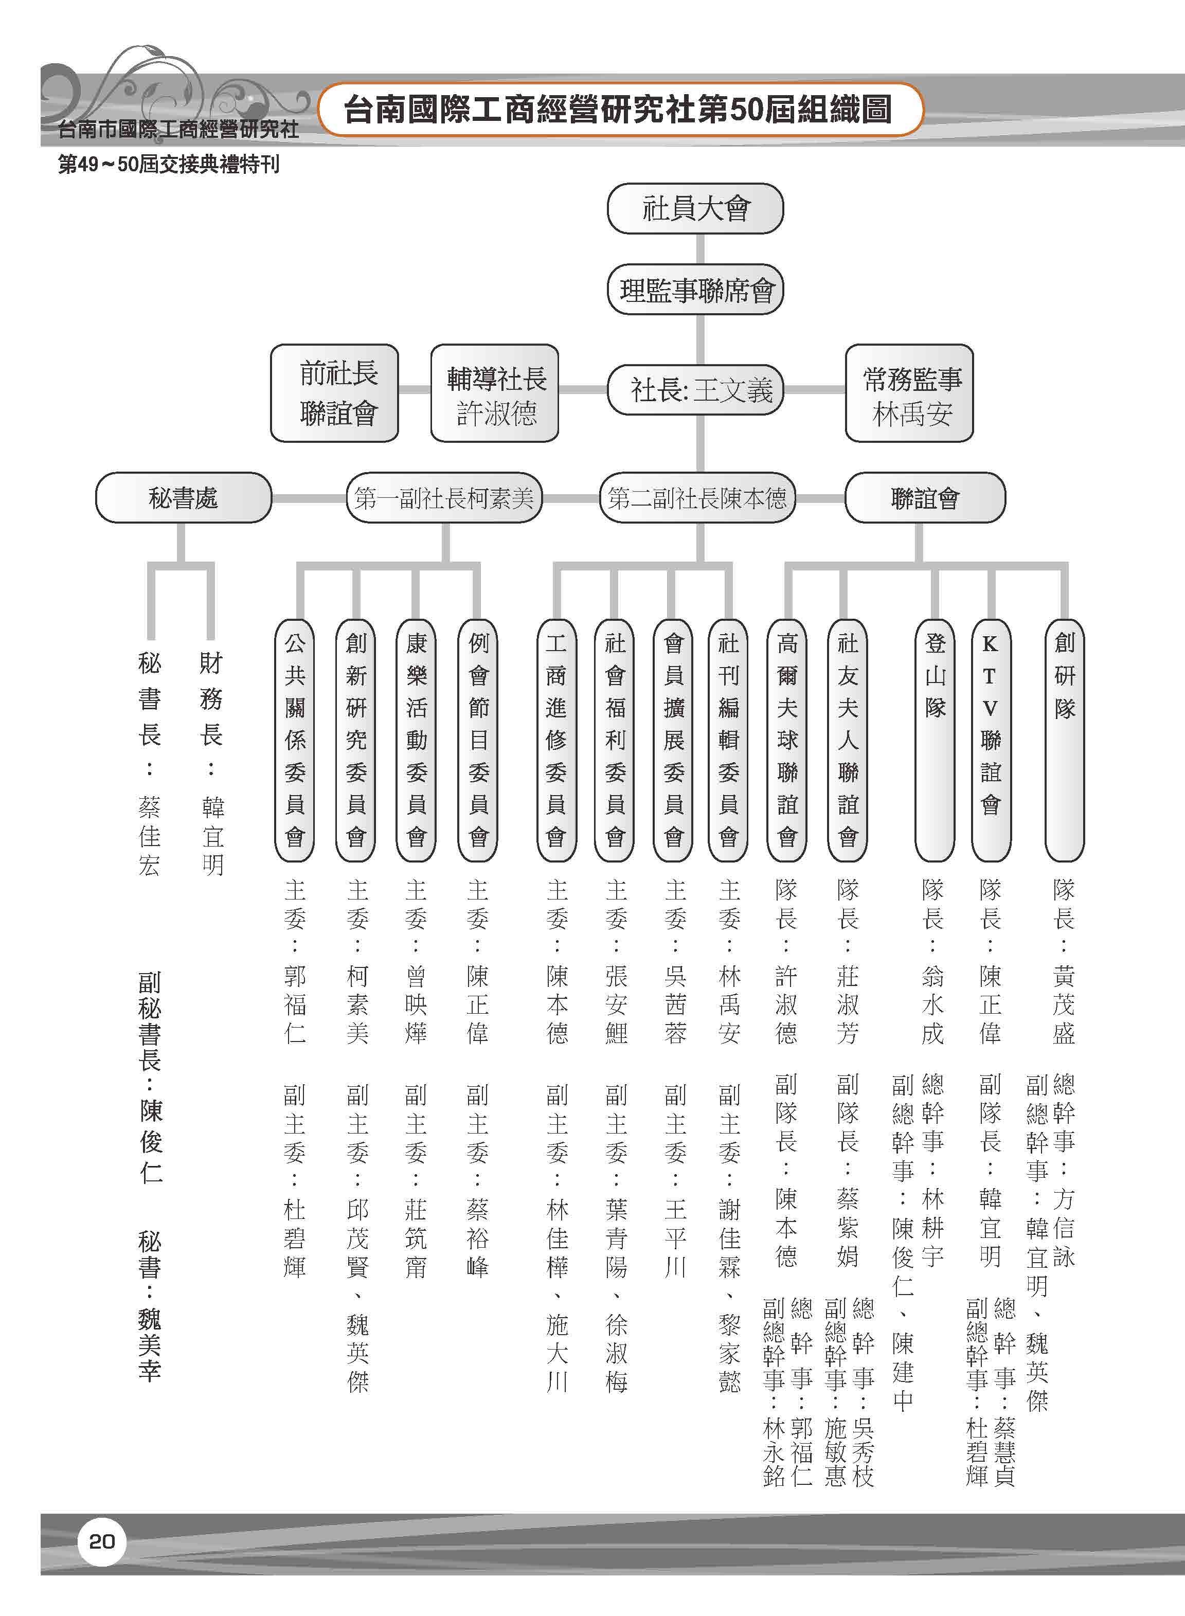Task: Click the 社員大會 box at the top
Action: click(695, 209)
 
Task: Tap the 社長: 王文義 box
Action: click(695, 391)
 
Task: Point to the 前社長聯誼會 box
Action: click(334, 393)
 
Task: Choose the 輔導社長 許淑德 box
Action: click(494, 393)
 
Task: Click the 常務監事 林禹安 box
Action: click(909, 393)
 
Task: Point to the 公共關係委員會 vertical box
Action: click(295, 740)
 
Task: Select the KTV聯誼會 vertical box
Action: click(991, 740)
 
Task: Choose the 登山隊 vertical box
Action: click(935, 740)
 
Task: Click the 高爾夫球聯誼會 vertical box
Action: click(787, 740)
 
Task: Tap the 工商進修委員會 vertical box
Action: click(556, 740)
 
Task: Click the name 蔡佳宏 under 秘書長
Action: click(149, 836)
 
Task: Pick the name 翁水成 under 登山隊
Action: click(932, 1004)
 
